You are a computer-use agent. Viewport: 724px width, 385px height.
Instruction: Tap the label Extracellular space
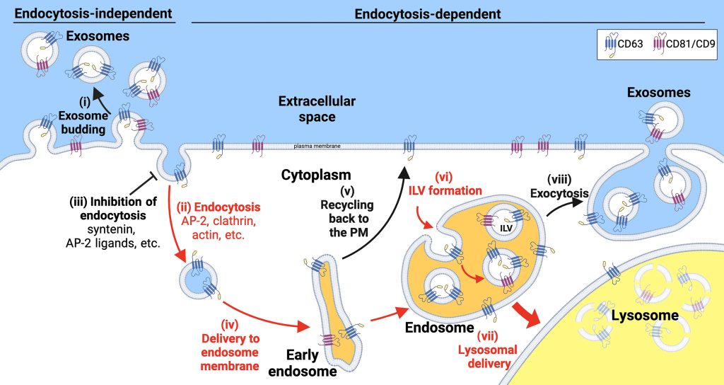pyautogui.click(x=317, y=108)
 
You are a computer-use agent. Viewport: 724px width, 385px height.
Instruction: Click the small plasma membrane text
pyautogui.click(x=317, y=146)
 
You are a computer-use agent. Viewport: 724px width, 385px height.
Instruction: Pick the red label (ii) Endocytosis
pyautogui.click(x=222, y=209)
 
